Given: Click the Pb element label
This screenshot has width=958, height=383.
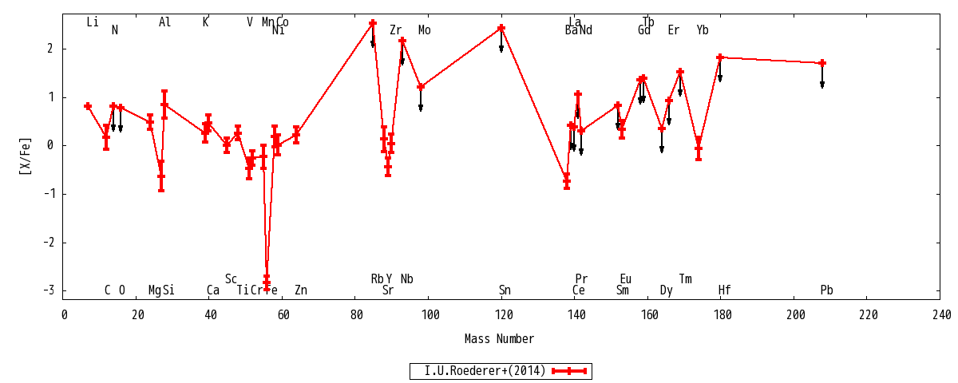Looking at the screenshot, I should point(826,290).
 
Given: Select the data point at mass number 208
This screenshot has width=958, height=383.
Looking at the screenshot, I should point(822,63).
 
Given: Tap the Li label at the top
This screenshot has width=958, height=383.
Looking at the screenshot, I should point(93,22).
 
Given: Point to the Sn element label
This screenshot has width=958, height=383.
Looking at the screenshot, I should point(505,290).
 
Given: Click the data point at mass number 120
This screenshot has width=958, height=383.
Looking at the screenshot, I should point(501,28).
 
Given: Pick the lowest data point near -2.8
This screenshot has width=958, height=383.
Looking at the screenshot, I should point(267,281).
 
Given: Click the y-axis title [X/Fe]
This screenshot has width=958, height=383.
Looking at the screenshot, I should point(26,156).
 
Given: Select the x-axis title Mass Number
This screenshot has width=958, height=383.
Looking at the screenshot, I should point(499,339).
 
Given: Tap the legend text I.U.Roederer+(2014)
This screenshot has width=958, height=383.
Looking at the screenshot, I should point(485,371).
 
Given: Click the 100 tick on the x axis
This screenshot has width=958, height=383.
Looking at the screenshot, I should point(430,315).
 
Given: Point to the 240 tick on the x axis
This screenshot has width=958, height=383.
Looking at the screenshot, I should point(940,315).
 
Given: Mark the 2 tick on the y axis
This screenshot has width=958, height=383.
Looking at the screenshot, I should point(49,49).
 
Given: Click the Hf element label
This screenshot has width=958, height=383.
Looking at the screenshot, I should point(724,290).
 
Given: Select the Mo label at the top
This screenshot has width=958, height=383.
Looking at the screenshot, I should point(424,30).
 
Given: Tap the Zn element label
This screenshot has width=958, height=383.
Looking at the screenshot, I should point(300,290).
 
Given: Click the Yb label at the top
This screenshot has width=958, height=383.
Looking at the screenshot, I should point(702,30).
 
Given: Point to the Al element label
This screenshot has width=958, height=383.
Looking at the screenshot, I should point(164,22).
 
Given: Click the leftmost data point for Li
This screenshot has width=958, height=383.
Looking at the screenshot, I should point(88,106).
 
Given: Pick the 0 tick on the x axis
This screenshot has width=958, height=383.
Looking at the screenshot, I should point(65,315).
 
